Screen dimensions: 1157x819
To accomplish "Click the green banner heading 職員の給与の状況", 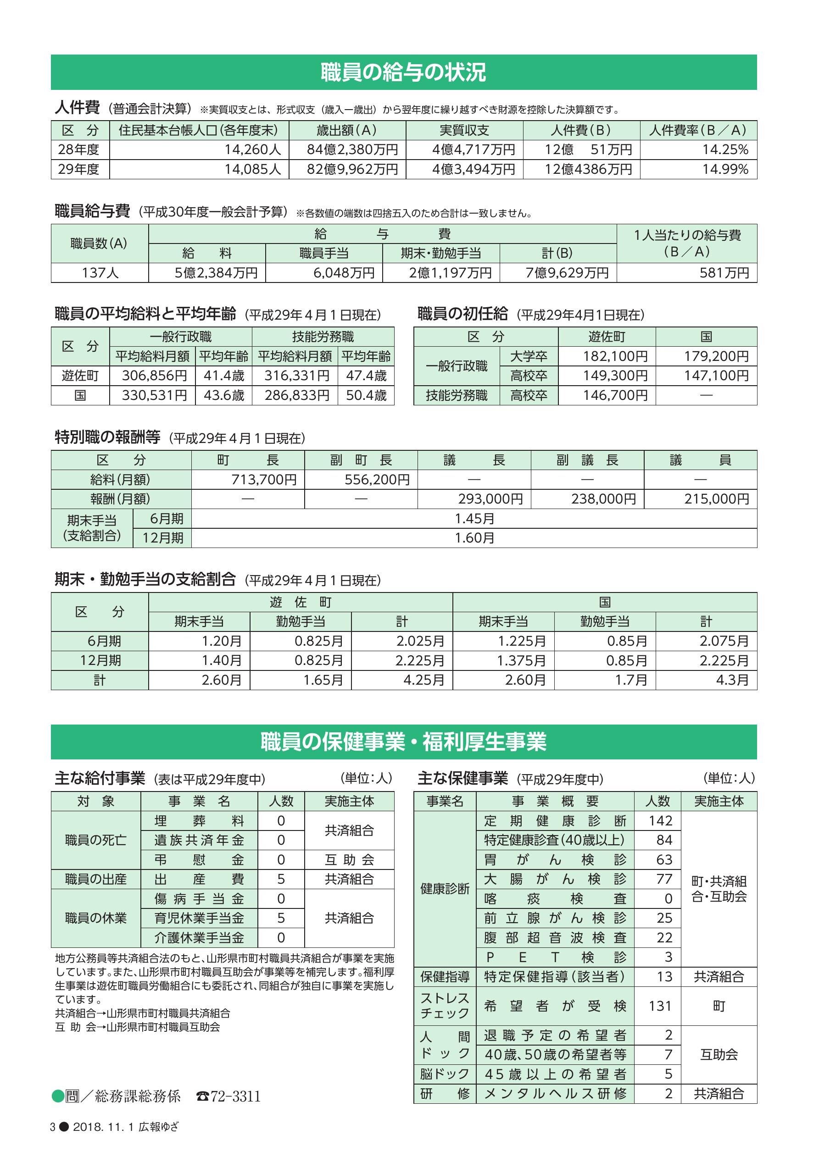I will (403, 72).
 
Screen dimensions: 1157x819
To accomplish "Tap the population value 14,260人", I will (253, 149).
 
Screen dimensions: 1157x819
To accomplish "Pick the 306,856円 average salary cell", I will (154, 376).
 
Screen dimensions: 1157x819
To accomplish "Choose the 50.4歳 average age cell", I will (366, 396).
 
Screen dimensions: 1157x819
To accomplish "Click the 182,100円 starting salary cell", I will (615, 357).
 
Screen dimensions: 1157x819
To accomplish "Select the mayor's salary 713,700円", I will (264, 480).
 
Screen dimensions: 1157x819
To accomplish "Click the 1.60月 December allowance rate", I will (474, 538).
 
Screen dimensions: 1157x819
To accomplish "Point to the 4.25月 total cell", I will (423, 680).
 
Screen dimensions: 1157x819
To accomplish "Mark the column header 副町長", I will (361, 460).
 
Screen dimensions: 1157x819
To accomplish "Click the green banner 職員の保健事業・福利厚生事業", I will (403, 742).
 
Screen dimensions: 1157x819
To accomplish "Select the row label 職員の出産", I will (96, 880).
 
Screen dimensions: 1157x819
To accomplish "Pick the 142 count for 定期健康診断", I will (660, 821).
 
